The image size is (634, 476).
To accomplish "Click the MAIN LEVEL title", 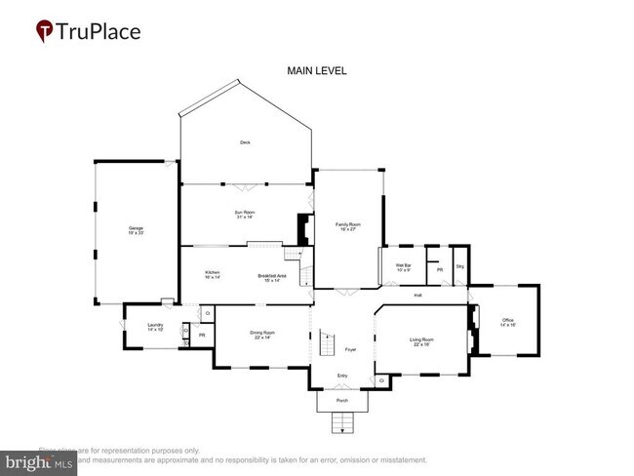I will pyautogui.click(x=316, y=71).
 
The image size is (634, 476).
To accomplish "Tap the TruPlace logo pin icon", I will pyautogui.click(x=45, y=31).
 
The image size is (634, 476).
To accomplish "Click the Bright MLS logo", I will pyautogui.click(x=39, y=461).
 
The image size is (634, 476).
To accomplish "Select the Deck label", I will pyautogui.click(x=246, y=143).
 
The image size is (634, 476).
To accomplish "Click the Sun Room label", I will pyautogui.click(x=244, y=214).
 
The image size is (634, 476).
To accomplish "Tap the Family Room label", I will pyautogui.click(x=348, y=226).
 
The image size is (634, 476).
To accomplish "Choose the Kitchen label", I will pyautogui.click(x=213, y=275).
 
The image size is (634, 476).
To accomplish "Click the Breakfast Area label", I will pyautogui.click(x=272, y=277).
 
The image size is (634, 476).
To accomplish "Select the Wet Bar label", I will pyautogui.click(x=403, y=267).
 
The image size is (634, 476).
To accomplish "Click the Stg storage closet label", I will pyautogui.click(x=459, y=266).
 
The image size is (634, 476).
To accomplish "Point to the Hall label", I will pyautogui.click(x=417, y=295).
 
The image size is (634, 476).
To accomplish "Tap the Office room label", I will pyautogui.click(x=507, y=322).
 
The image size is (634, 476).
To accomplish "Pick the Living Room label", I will pyautogui.click(x=422, y=341).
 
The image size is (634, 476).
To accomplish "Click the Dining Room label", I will pyautogui.click(x=261, y=335).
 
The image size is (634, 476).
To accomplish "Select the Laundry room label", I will pyautogui.click(x=155, y=328).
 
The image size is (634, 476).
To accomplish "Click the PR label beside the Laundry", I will pyautogui.click(x=202, y=336).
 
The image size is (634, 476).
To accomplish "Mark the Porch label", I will pyautogui.click(x=342, y=400).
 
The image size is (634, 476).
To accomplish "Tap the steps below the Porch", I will pyautogui.click(x=342, y=422).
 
